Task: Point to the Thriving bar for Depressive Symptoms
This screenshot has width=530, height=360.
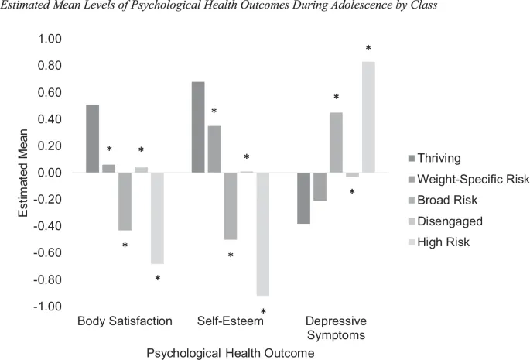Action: tap(304, 198)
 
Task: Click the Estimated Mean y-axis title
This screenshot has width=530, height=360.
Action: tap(24, 173)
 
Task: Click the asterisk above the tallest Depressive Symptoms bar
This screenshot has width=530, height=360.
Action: tap(368, 48)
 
